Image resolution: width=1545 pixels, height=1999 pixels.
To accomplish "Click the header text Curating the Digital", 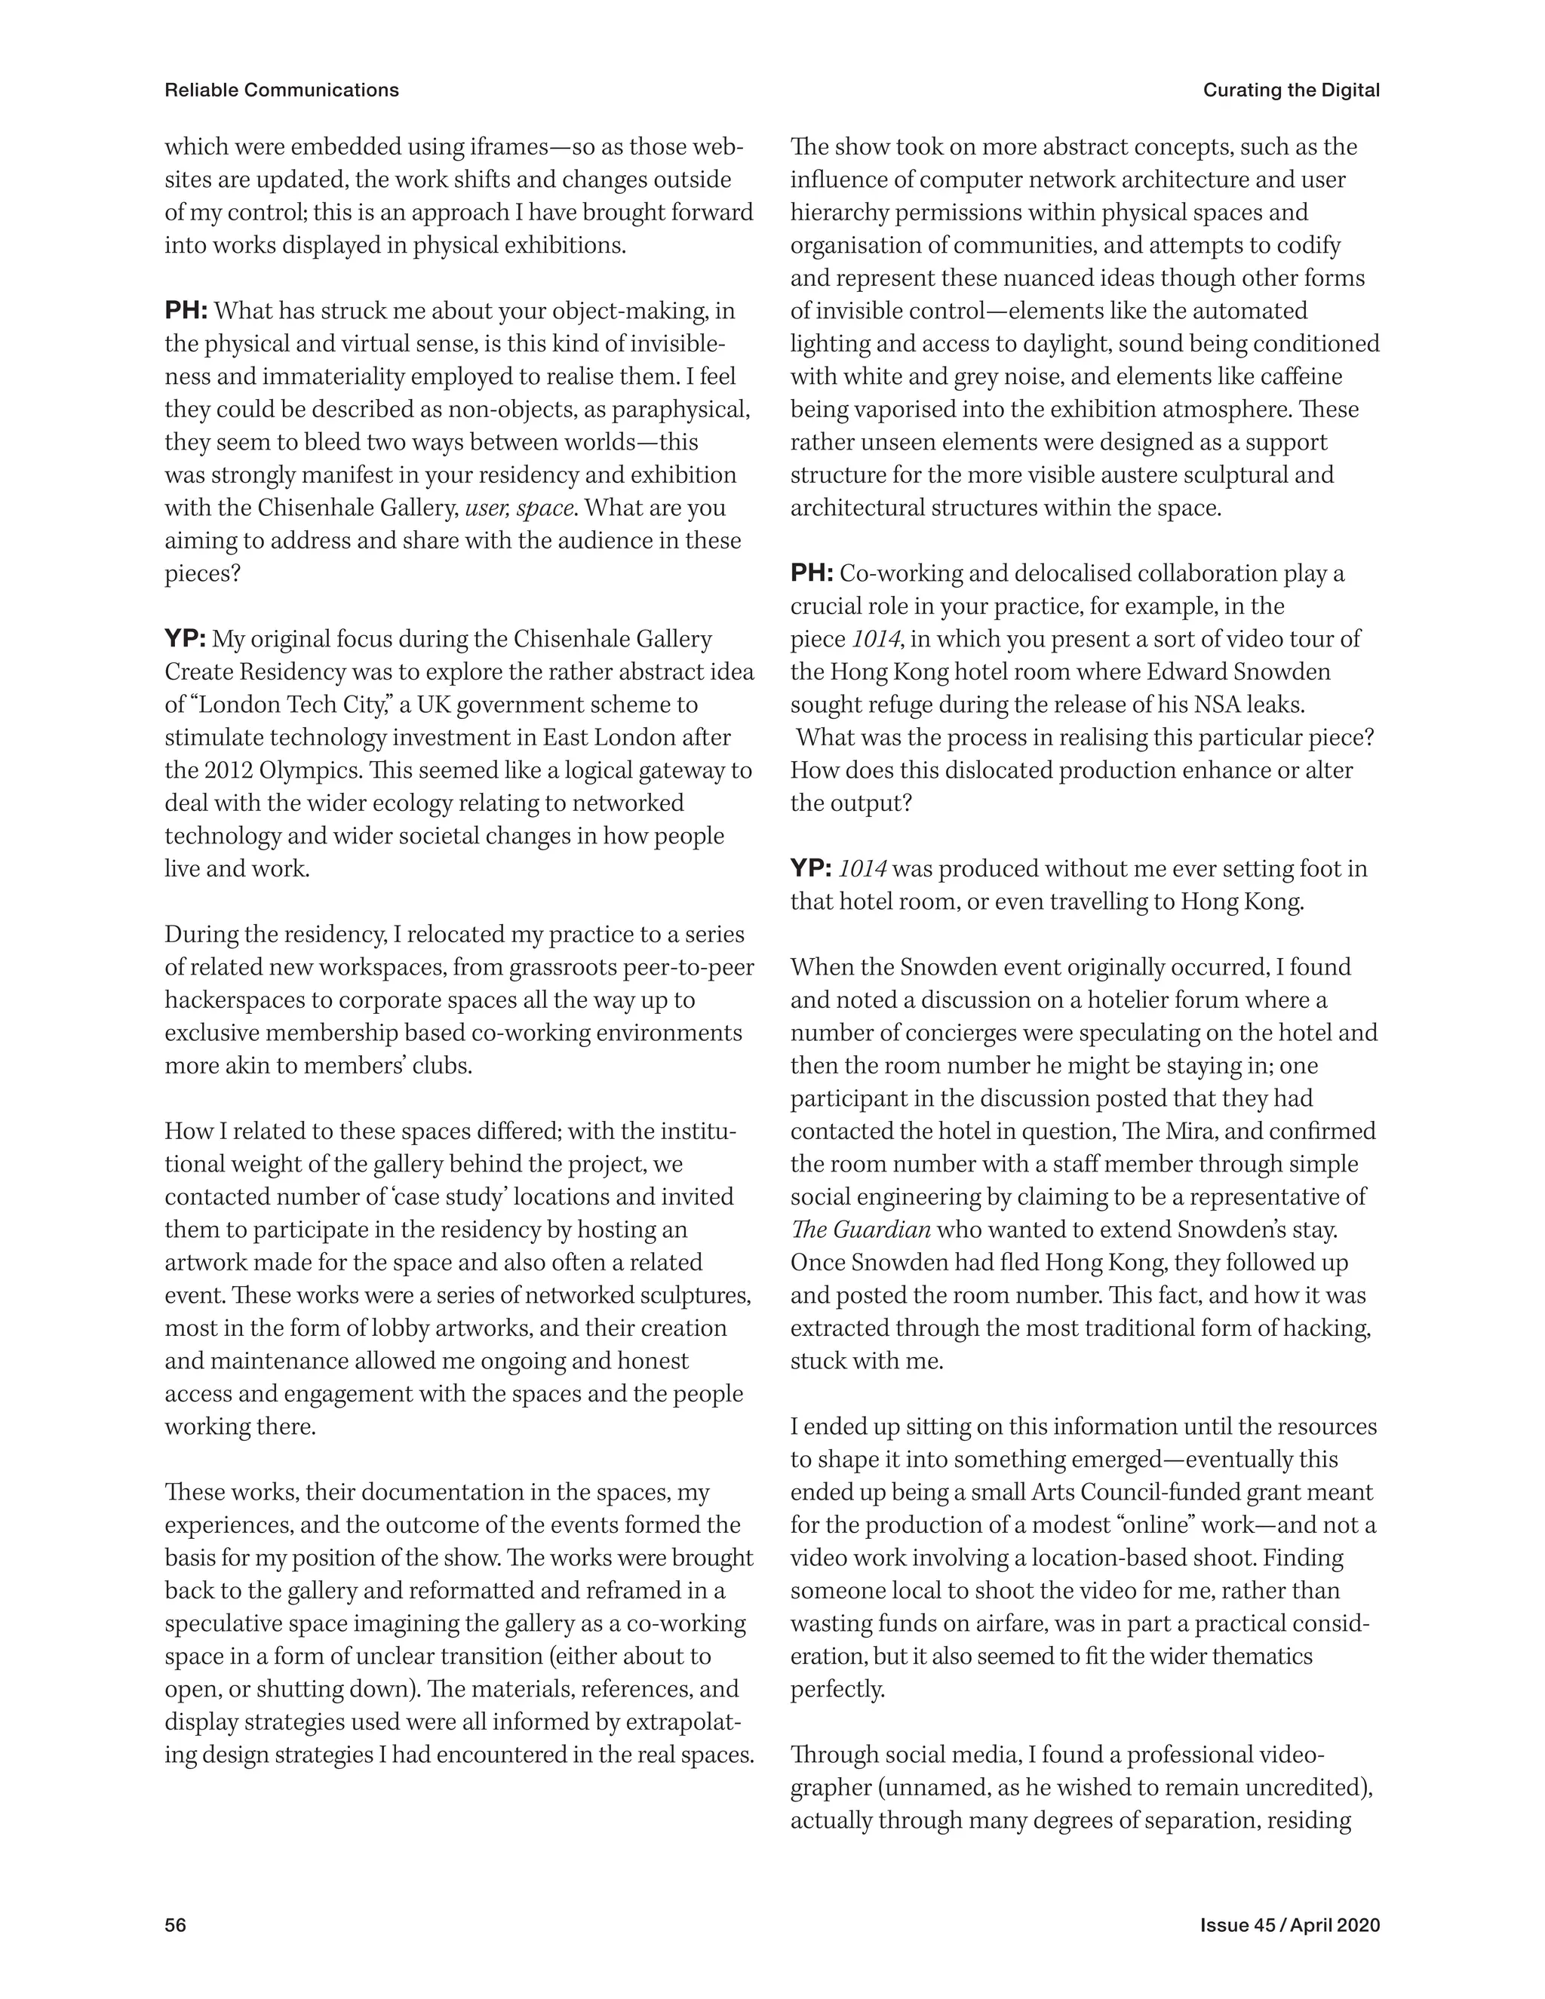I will point(1291,90).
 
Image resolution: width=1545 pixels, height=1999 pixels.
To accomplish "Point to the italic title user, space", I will point(519,508).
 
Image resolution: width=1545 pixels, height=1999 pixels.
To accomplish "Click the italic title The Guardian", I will point(860,1230).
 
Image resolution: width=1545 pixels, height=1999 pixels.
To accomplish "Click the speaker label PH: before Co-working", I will point(811,574).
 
